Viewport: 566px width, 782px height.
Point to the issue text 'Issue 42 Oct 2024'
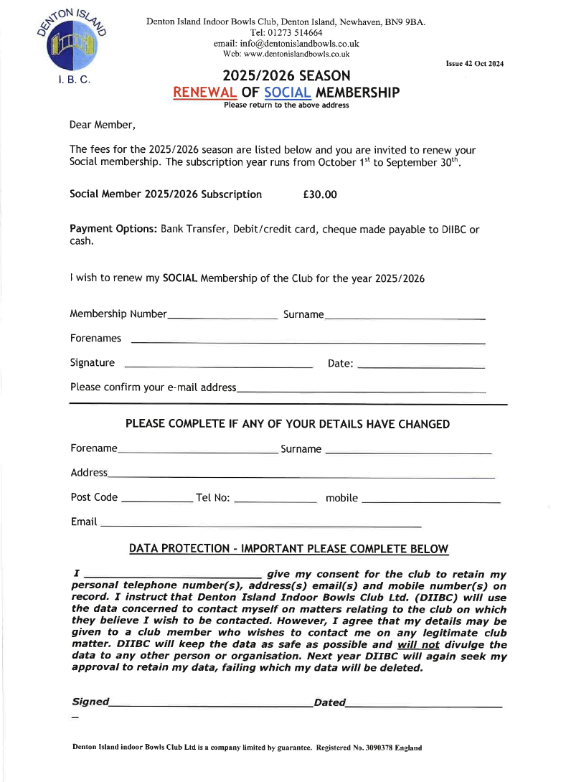(x=474, y=64)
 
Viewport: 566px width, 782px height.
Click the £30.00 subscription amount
(x=320, y=194)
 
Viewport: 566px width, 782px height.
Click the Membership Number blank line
(x=222, y=316)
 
